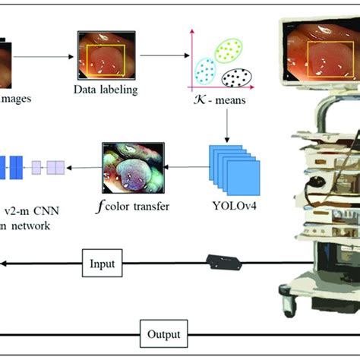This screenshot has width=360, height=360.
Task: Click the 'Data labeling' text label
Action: [106, 90]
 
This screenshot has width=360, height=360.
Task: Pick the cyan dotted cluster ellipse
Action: [204, 70]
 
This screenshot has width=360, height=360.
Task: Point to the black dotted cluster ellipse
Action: [238, 78]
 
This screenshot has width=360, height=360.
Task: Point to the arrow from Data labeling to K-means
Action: [160, 55]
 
